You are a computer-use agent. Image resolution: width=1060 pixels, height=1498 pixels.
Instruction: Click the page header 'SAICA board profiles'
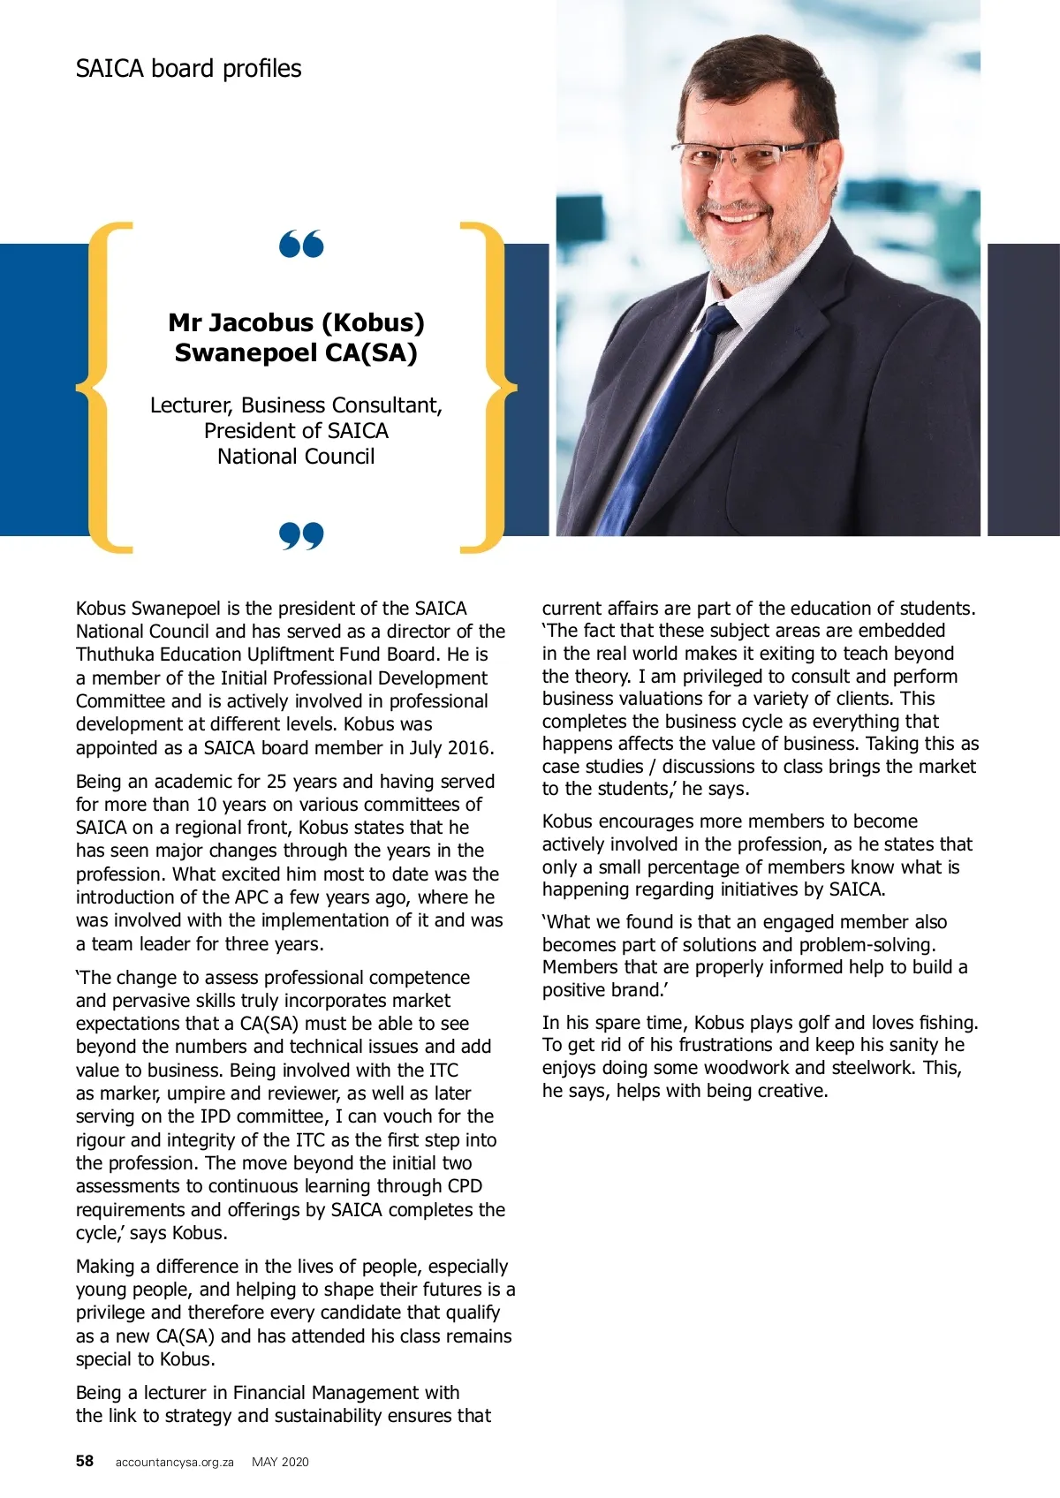point(188,69)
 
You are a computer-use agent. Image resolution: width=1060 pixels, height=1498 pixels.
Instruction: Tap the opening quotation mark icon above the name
point(301,244)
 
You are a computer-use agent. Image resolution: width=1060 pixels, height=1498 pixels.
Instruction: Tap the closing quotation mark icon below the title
point(301,535)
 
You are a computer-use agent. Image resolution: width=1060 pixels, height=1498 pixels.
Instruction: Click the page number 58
point(84,1461)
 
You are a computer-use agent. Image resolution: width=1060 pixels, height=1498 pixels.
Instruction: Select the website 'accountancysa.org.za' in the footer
point(174,1462)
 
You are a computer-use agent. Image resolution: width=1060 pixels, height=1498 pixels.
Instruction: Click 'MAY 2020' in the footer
point(280,1462)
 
